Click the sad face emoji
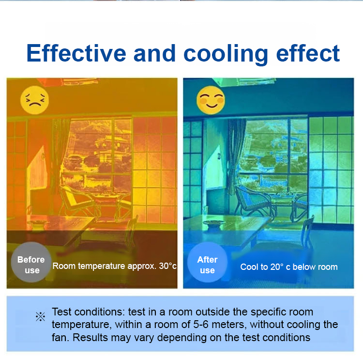(34, 100)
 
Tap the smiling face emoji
(211, 100)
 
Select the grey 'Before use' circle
(31, 262)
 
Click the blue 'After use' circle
(208, 262)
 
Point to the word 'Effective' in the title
(76, 53)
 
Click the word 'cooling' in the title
(226, 55)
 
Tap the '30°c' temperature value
(167, 266)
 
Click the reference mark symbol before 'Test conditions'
(40, 316)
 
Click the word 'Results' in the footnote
(91, 338)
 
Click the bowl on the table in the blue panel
(214, 223)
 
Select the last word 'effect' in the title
(308, 53)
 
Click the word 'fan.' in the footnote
(60, 338)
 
